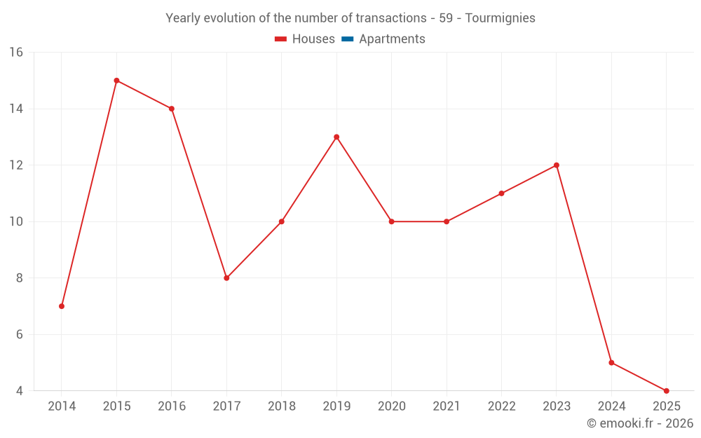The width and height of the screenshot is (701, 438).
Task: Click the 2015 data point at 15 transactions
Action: tap(116, 81)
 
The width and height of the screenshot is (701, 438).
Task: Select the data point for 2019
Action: tap(336, 137)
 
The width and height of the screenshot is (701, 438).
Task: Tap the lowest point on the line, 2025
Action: tap(666, 390)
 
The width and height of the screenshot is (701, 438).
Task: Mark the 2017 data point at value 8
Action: tap(226, 278)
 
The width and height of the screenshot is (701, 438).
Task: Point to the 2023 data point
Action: tap(556, 165)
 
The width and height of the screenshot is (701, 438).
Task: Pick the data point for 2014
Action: tap(62, 306)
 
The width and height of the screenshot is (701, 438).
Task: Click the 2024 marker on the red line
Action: tap(611, 362)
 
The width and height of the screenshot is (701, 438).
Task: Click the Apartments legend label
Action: tap(392, 39)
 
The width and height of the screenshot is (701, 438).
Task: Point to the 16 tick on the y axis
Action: tap(16, 53)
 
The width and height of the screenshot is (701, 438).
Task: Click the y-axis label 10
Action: tap(16, 221)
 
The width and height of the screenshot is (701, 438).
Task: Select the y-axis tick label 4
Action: tap(19, 390)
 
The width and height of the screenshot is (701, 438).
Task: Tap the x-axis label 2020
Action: tap(391, 406)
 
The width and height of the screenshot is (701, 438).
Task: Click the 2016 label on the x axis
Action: tap(172, 406)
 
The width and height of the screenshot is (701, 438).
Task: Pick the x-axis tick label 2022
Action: tap(501, 406)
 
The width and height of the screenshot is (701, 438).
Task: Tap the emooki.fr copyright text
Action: tap(640, 423)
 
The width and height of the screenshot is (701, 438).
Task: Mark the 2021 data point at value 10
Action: tap(447, 221)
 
